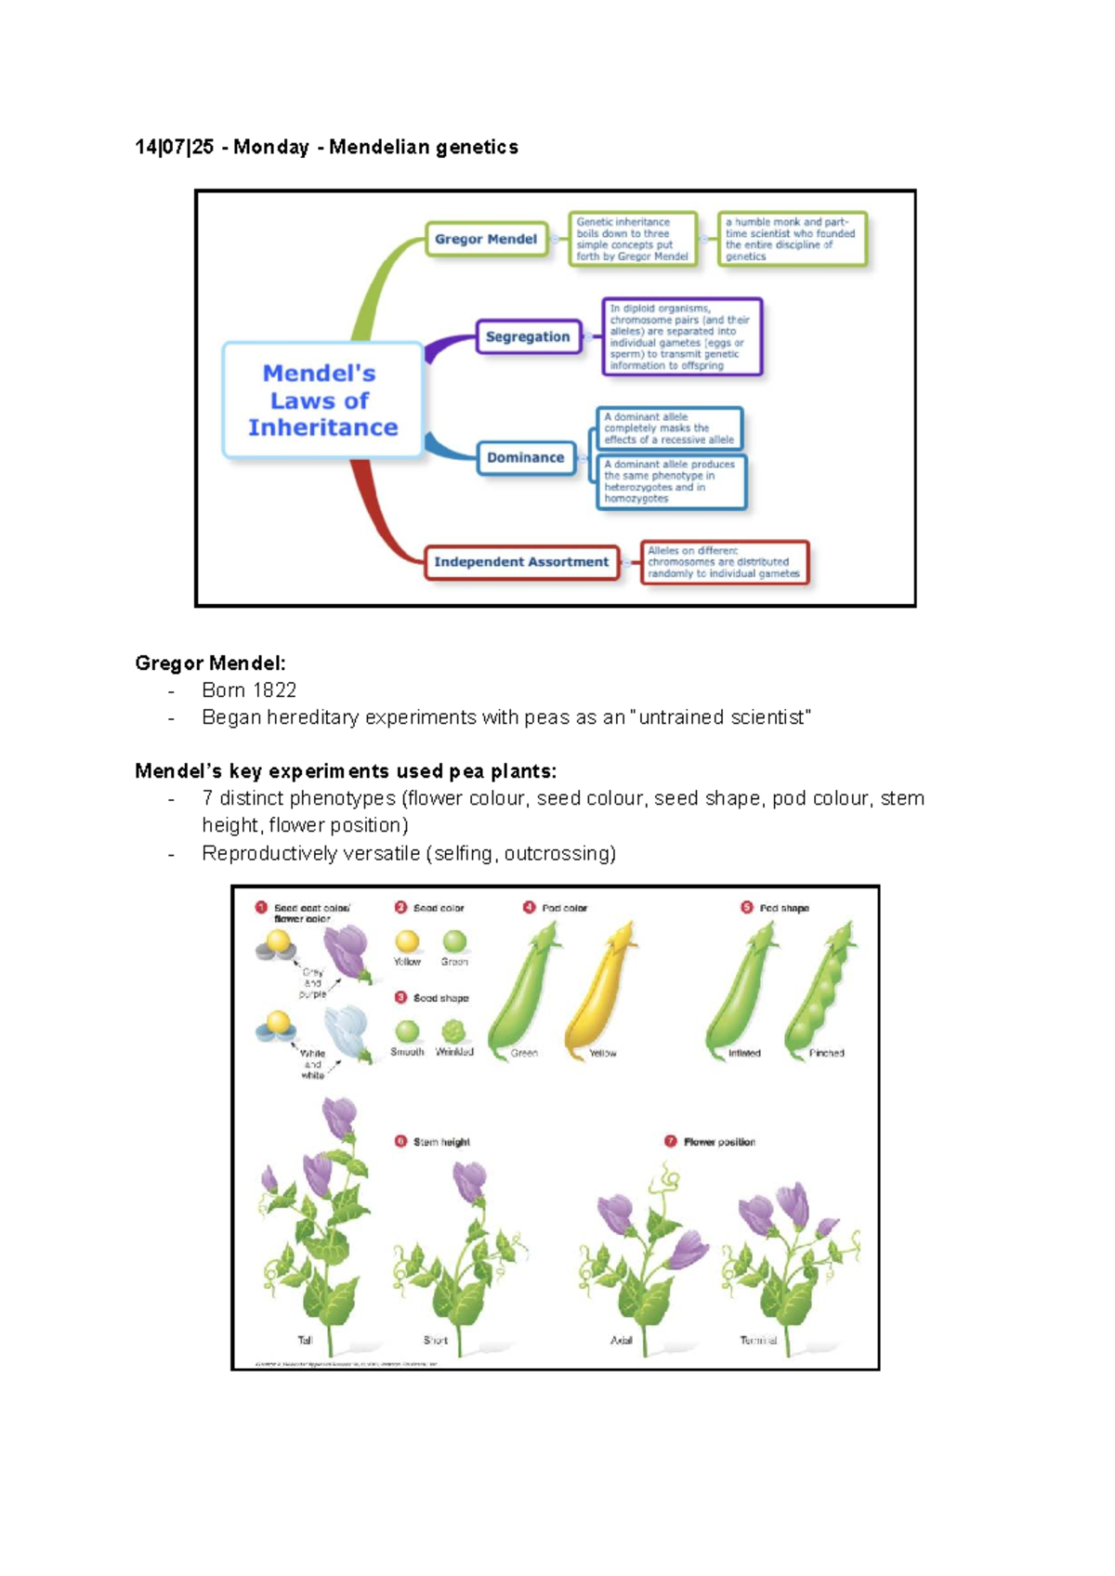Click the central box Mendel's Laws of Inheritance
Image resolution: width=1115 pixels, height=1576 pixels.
coord(322,401)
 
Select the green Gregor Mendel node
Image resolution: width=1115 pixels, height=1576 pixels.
coord(486,239)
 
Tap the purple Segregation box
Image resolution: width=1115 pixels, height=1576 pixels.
coord(528,336)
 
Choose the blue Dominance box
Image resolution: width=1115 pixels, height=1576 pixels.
coord(526,457)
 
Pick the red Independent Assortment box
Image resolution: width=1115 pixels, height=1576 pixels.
coord(521,562)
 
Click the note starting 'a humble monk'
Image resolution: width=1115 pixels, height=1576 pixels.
coord(792,239)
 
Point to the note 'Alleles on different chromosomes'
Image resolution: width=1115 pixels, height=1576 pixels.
coord(724,562)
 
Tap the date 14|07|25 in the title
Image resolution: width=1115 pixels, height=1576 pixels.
coord(175,147)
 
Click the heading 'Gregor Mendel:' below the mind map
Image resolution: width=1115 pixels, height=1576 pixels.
coord(210,663)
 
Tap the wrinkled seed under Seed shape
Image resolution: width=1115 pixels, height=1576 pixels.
coord(453,1031)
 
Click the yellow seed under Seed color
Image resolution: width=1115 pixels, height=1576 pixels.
coord(407,941)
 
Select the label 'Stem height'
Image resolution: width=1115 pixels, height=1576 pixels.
coord(441,1142)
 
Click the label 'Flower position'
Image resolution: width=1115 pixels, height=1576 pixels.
coord(719,1142)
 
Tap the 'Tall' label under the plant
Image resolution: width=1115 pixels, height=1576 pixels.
coord(305,1340)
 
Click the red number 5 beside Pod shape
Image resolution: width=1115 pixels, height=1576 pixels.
coord(747,907)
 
